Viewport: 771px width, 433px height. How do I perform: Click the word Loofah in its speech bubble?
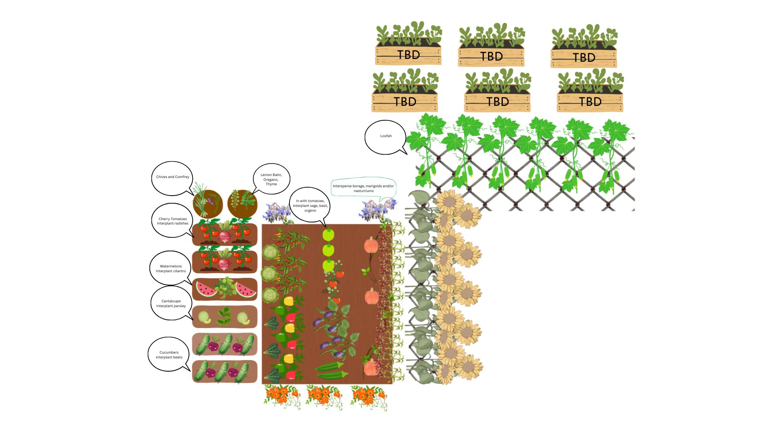click(386, 136)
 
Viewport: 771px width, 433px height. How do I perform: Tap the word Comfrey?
click(182, 177)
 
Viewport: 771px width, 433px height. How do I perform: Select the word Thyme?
click(271, 184)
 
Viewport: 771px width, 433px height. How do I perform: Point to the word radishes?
click(180, 223)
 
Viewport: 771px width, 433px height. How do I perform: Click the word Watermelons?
click(171, 266)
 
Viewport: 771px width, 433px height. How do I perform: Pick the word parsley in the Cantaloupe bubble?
click(179, 306)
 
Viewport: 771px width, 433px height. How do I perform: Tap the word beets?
click(177, 357)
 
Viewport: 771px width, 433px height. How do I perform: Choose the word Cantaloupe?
click(171, 301)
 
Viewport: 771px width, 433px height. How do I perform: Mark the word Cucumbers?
click(169, 352)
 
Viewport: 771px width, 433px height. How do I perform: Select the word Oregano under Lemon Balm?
click(270, 180)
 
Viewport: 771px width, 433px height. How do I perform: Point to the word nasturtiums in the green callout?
click(363, 191)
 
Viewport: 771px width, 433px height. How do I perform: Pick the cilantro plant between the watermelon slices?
click(224, 287)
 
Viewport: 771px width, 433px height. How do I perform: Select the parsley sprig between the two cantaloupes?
click(224, 316)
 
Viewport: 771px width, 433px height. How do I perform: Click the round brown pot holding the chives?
click(207, 203)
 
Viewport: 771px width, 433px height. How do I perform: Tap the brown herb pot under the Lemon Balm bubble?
click(242, 203)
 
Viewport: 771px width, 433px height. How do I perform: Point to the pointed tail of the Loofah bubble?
click(406, 153)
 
